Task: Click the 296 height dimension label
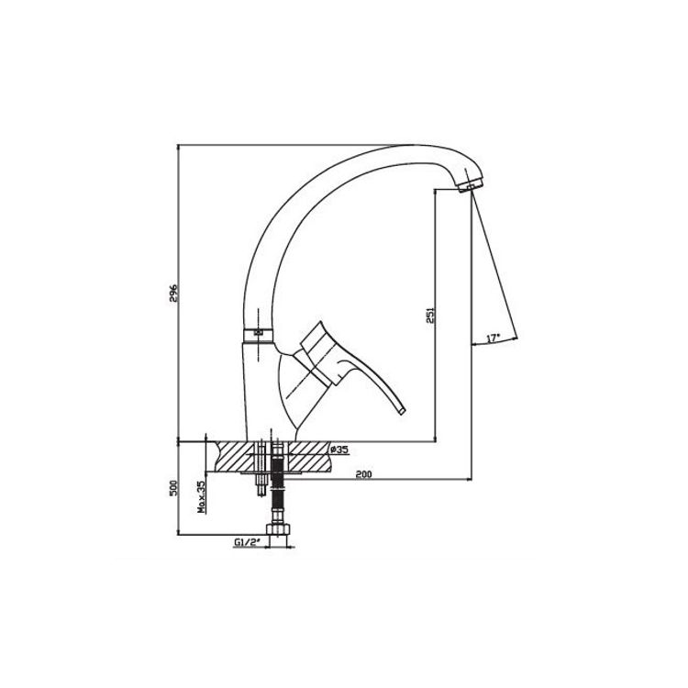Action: tap(172, 293)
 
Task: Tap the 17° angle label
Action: tap(494, 338)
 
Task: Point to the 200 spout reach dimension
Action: tap(363, 474)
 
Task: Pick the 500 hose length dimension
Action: tap(172, 488)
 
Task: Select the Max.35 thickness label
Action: tap(201, 497)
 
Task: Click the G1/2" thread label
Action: tap(248, 542)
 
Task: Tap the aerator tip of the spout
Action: tap(471, 184)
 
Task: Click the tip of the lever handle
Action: tap(402, 411)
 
